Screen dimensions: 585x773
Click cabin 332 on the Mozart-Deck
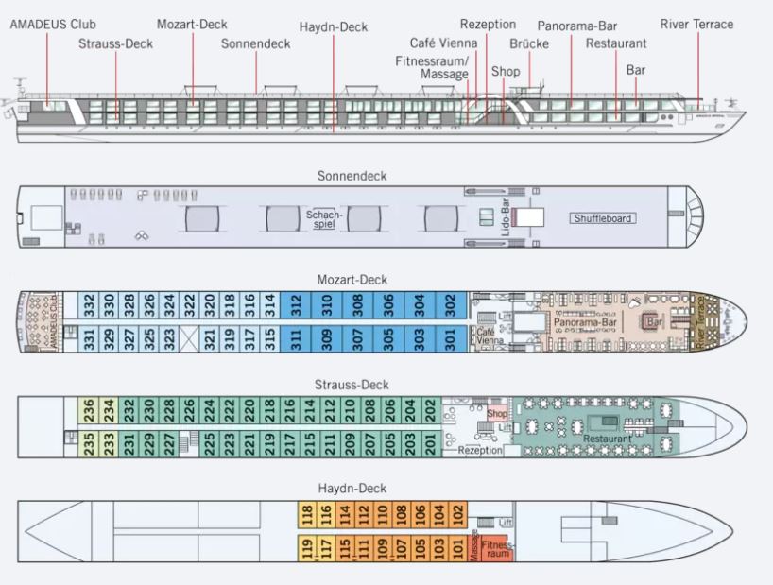89,305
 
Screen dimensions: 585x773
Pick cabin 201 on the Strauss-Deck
431,441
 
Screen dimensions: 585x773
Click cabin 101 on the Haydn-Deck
458,547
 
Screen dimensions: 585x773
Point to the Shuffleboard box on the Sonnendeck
602,218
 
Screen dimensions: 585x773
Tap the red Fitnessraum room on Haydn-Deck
497,548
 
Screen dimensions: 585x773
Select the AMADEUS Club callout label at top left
53,25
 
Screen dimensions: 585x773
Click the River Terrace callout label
696,25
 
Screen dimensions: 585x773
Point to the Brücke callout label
528,43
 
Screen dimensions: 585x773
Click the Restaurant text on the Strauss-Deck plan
607,439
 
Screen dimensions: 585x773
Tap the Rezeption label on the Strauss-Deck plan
481,451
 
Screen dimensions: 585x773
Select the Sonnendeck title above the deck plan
352,176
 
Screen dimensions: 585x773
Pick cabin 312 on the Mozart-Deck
296,305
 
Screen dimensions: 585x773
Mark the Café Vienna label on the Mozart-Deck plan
486,336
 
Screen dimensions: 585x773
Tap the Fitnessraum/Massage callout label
432,66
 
